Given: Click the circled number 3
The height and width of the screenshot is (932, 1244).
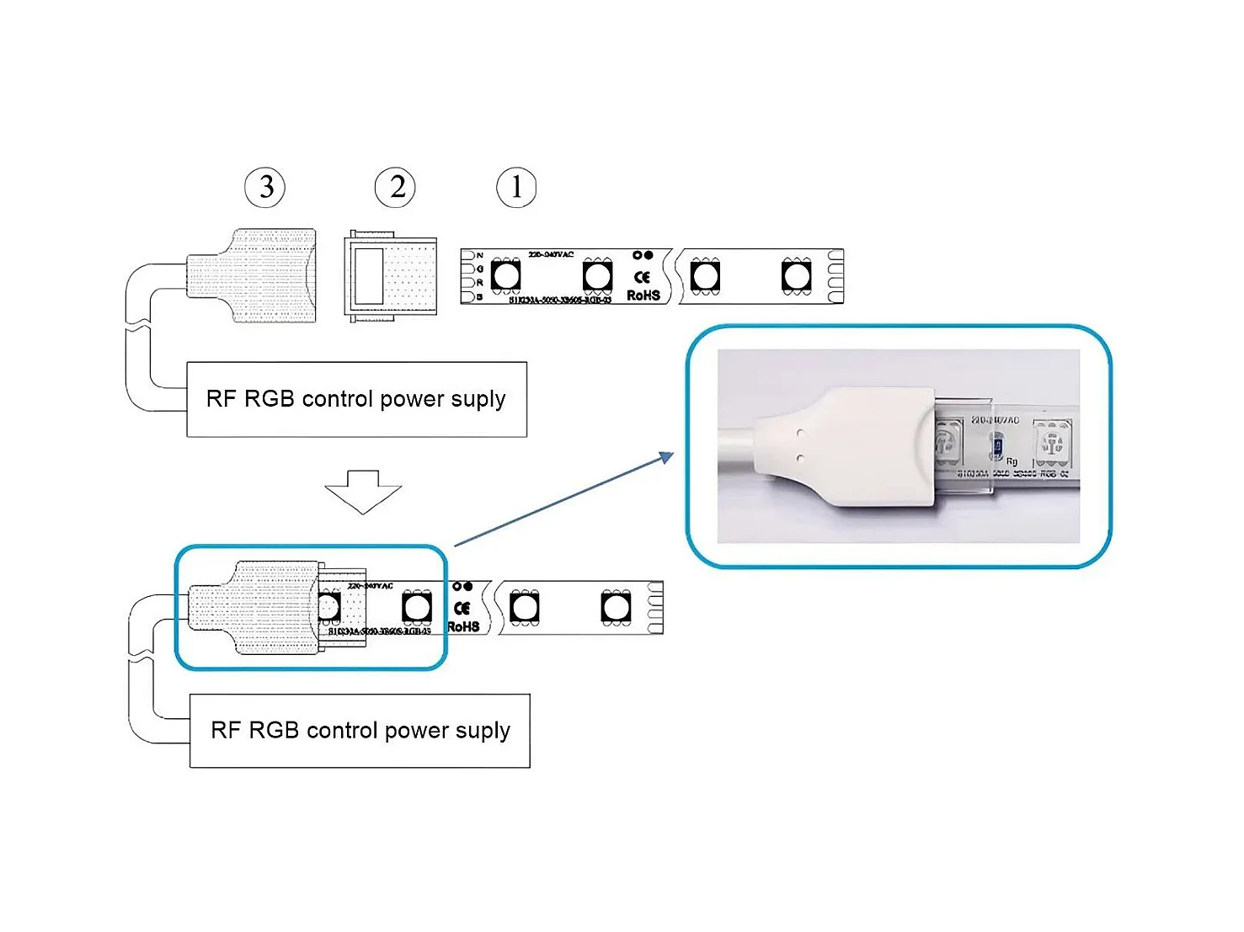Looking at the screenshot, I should tap(265, 187).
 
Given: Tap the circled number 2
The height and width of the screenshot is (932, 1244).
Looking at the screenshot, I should tap(395, 187).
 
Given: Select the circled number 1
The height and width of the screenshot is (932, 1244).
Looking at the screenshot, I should tap(516, 187).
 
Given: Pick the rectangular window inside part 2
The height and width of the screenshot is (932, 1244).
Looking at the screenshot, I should tap(368, 275).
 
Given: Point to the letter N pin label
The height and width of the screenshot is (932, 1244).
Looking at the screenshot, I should tap(480, 255).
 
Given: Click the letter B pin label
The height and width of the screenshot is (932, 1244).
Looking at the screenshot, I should tap(479, 296).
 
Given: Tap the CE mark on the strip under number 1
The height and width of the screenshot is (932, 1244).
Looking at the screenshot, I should tap(643, 277).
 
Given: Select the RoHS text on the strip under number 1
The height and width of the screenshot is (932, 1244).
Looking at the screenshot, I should tap(643, 296).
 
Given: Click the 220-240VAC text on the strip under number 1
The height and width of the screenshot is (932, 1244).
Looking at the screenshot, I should tap(551, 254).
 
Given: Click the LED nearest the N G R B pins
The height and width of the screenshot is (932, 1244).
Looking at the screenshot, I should tap(506, 275).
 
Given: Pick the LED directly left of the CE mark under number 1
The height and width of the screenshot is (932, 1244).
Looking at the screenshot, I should tap(597, 275).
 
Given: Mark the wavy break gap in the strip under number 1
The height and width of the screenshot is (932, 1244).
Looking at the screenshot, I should tap(674, 275).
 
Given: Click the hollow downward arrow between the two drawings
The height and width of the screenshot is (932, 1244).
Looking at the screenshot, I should tap(363, 491).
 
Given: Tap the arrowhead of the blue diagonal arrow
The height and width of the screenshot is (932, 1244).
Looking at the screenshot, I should tap(667, 457).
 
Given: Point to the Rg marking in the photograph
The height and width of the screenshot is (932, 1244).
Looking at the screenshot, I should tap(1012, 461).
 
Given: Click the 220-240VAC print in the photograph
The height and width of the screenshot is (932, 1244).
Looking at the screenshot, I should tap(995, 419).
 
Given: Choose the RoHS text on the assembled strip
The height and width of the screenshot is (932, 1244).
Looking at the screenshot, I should tap(463, 626).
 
